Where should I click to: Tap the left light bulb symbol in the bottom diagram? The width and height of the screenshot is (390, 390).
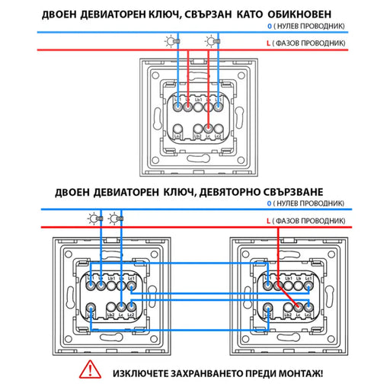pos(94,221)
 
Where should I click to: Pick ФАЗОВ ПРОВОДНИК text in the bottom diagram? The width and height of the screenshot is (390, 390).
pos(315,221)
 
